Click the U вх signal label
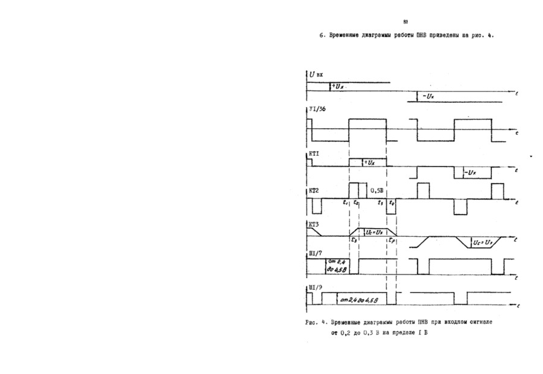pyautogui.click(x=317, y=75)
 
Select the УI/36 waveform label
pyautogui.click(x=317, y=109)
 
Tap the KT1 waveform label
pyautogui.click(x=314, y=155)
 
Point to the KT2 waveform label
pyautogui.click(x=314, y=191)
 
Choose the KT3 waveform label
pyautogui.click(x=314, y=225)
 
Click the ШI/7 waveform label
pyautogui.click(x=315, y=254)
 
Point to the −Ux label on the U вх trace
pyautogui.click(x=429, y=96)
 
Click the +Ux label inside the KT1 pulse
pyautogui.click(x=370, y=163)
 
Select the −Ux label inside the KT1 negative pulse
pyautogui.click(x=471, y=173)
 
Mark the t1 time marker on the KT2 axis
pyautogui.click(x=346, y=202)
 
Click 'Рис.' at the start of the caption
pyautogui.click(x=312, y=323)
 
